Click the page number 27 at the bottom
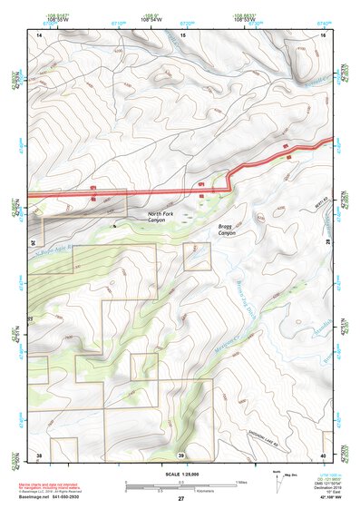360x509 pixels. (180, 499)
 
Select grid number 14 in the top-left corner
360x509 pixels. (39, 34)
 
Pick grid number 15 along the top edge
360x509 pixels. (181, 34)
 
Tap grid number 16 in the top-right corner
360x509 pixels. (322, 34)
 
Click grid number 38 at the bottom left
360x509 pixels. (39, 454)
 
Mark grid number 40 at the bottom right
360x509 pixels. (322, 454)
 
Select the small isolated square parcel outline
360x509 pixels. (197, 257)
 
